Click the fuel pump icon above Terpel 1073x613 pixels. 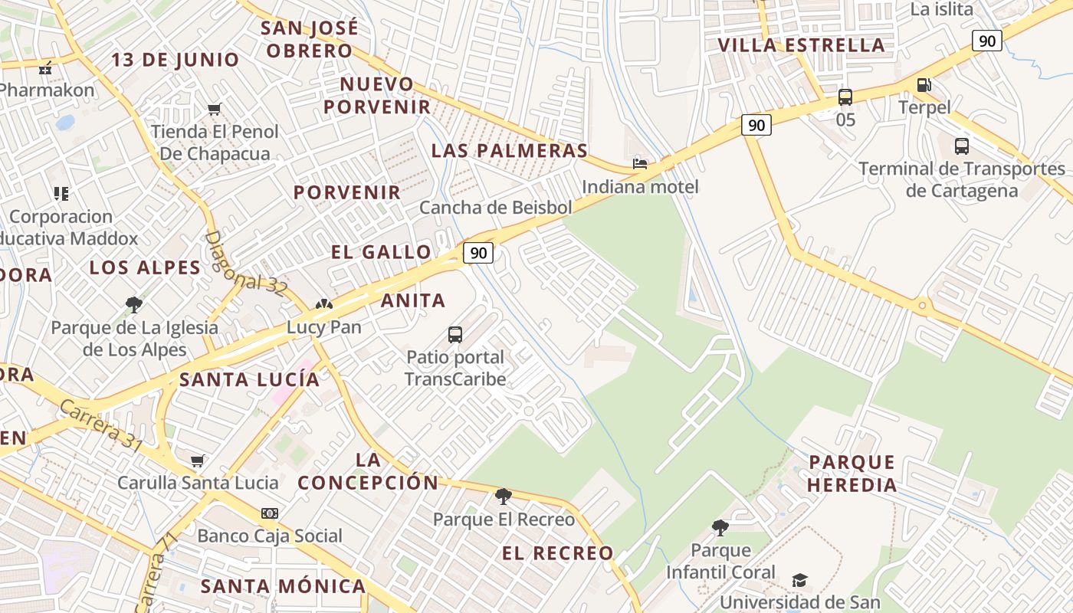tap(924, 85)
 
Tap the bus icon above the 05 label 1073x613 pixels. tap(845, 97)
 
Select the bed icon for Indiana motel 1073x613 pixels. tap(640, 163)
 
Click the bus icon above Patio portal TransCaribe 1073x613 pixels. tap(455, 334)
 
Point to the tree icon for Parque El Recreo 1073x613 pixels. tap(504, 497)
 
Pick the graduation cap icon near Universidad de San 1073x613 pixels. tap(799, 580)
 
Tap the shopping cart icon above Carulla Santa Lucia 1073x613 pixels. tap(198, 461)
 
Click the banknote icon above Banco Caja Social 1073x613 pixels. tap(270, 513)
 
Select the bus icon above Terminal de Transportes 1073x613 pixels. tap(962, 146)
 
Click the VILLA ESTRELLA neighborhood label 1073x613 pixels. tap(801, 45)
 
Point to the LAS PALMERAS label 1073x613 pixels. tap(509, 150)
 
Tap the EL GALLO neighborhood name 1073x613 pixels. tap(381, 252)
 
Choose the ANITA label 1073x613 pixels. tap(413, 300)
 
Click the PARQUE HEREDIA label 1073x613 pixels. tap(852, 474)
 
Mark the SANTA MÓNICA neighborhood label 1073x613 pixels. tap(283, 587)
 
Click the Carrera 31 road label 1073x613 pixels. tap(100, 426)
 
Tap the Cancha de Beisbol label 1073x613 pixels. tap(496, 208)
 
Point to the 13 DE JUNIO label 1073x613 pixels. tap(176, 60)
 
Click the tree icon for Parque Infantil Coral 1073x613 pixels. tap(720, 527)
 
